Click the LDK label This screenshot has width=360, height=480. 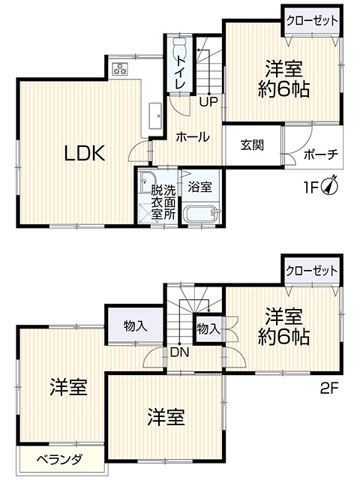(x=85, y=153)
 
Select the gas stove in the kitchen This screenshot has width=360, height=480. (x=120, y=68)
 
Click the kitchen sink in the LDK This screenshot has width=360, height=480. (x=155, y=115)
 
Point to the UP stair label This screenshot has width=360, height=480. (x=208, y=101)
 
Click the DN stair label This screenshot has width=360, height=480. (x=180, y=352)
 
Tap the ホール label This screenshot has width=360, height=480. (x=193, y=136)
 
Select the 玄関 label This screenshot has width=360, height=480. (x=252, y=145)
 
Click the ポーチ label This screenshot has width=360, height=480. (x=321, y=154)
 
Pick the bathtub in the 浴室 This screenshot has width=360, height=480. (x=202, y=215)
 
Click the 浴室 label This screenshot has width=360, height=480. (x=200, y=187)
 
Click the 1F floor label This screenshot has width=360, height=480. (x=311, y=187)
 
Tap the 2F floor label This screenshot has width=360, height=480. (x=329, y=388)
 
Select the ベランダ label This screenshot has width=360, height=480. (x=59, y=459)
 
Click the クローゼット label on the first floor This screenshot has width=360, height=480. (x=312, y=21)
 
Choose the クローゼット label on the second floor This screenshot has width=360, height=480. (x=312, y=271)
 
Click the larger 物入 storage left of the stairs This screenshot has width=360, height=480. (x=135, y=325)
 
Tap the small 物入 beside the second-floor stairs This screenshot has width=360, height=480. (x=208, y=329)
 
